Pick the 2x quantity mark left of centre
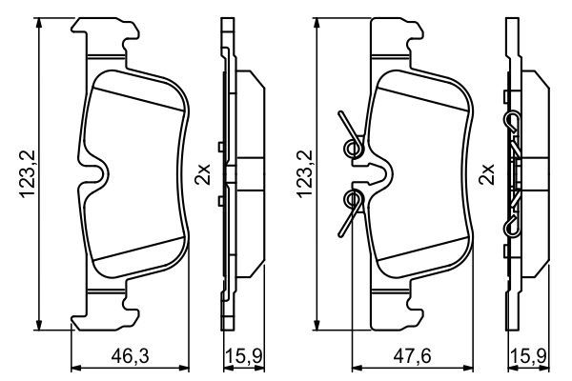(201, 174)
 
